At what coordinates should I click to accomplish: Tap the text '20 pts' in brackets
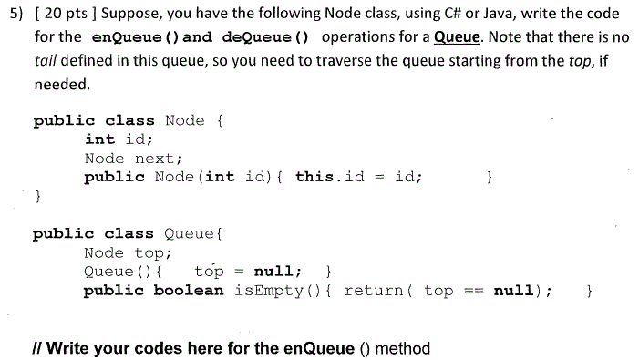click(67, 15)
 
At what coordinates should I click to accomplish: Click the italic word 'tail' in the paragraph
click(46, 61)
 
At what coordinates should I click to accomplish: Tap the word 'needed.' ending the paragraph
click(61, 84)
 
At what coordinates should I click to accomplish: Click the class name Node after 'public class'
click(185, 120)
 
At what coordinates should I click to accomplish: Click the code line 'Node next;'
click(133, 159)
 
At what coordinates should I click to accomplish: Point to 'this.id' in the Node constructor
click(329, 177)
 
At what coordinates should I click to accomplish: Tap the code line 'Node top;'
click(128, 252)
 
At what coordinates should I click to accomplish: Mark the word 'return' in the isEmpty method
click(373, 291)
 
